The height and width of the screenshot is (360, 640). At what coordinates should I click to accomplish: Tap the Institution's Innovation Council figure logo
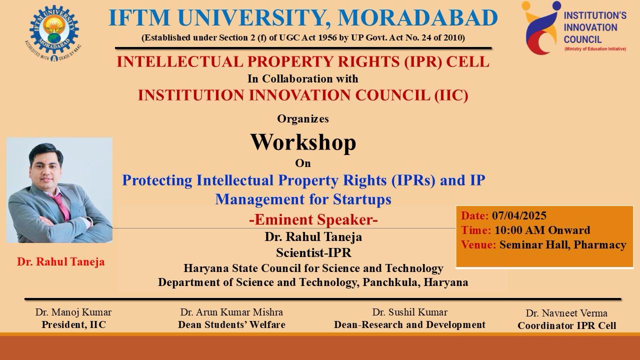[540, 27]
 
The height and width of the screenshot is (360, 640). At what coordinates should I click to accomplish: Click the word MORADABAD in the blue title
[417, 18]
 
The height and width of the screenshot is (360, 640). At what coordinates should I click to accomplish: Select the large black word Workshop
[303, 142]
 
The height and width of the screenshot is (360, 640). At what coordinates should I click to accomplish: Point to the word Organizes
[303, 118]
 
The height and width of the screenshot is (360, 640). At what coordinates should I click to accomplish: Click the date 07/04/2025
[519, 215]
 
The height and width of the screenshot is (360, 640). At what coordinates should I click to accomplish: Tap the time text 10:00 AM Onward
[542, 230]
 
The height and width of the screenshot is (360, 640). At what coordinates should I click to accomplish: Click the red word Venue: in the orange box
[478, 245]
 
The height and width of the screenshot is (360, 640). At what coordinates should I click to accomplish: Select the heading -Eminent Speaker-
[313, 219]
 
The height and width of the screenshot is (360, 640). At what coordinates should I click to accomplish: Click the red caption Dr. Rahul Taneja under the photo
[61, 261]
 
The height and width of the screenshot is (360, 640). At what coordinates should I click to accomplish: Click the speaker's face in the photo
[45, 168]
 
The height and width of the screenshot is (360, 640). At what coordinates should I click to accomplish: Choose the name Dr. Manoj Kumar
[73, 312]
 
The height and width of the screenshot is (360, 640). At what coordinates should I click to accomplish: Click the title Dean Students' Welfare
[231, 324]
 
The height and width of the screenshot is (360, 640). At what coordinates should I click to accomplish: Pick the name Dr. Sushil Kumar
[409, 312]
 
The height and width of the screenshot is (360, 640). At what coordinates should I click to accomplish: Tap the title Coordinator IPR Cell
[567, 325]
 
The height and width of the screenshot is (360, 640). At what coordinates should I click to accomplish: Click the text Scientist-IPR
[313, 252]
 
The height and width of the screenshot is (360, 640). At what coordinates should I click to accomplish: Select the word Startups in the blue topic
[362, 199]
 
